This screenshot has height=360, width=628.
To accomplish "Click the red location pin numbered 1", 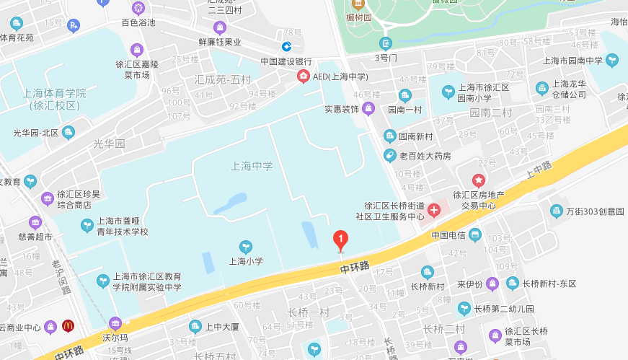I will tap(340, 239).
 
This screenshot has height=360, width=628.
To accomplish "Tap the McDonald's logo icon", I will tap(68, 325).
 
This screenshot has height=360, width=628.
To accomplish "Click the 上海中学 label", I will tap(252, 166).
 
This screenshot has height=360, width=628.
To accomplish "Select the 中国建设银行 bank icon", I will tap(286, 46).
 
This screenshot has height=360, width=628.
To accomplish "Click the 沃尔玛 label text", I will tap(115, 337).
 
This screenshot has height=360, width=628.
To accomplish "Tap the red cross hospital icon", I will tap(434, 211).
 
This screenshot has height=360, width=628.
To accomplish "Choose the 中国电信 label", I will tap(446, 235).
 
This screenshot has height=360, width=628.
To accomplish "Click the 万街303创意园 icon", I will tap(556, 211).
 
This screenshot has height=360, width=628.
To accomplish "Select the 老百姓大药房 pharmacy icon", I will tap(389, 155).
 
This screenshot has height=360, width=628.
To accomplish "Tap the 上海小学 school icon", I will tap(246, 247).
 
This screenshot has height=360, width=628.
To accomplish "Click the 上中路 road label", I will tap(538, 170).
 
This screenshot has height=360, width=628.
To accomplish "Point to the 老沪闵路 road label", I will tap(61, 278).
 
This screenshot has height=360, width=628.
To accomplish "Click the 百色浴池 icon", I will tap(138, 9).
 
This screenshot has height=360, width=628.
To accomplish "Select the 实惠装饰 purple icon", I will tap(368, 109).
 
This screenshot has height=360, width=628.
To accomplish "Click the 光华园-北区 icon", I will tap(68, 132).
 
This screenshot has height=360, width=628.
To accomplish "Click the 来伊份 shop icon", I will tap(491, 284).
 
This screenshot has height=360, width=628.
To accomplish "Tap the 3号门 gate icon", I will tap(386, 43).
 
